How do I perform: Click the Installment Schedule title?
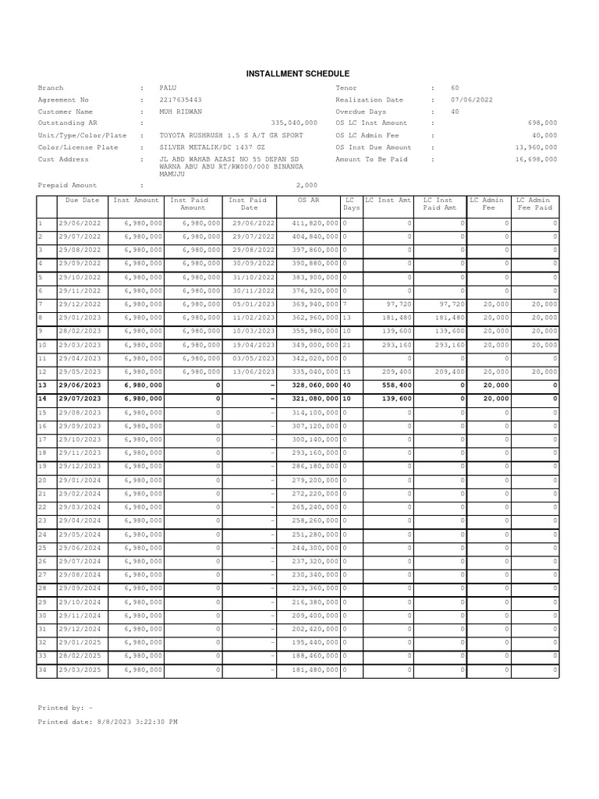click(x=299, y=73)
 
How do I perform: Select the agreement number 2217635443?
click(x=180, y=100)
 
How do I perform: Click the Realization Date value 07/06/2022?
click(x=471, y=100)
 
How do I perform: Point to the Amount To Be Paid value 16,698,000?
click(x=536, y=159)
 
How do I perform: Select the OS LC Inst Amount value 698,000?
click(x=542, y=123)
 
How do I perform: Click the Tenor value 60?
click(x=455, y=88)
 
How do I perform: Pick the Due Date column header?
click(x=82, y=201)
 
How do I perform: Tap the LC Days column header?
click(x=352, y=204)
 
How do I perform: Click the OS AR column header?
click(x=309, y=201)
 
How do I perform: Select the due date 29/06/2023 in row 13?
click(x=80, y=385)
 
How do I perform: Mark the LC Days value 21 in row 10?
click(x=347, y=345)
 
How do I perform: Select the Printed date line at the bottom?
click(x=108, y=722)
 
